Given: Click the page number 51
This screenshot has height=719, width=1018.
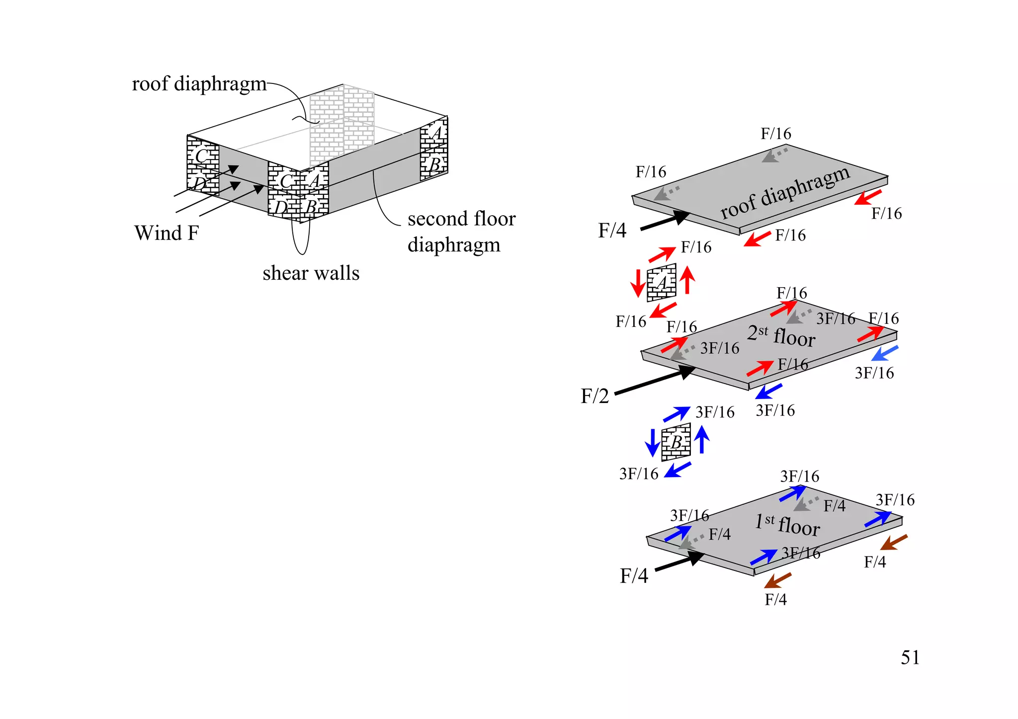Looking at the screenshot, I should coord(910,657).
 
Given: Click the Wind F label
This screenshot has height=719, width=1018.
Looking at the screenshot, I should coord(167,233).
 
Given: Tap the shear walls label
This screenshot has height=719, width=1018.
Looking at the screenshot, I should coord(311,273).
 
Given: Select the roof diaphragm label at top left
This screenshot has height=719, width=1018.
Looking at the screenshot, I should coord(199,83).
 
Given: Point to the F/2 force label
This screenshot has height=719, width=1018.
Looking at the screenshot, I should coord(594,396).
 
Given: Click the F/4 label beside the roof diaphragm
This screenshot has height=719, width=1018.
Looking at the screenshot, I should coord(612,231).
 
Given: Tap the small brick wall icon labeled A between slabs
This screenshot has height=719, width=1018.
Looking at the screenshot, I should coord(662,283).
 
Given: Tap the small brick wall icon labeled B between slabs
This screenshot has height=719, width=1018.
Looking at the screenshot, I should coord(676,442).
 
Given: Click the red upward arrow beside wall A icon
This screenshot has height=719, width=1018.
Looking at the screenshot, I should coord(687,280).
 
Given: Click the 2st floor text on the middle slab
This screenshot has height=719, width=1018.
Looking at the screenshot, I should coord(781,335).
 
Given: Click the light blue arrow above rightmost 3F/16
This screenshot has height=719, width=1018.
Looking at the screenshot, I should coord(885,353).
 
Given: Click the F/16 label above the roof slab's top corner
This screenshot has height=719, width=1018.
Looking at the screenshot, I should coord(775,134).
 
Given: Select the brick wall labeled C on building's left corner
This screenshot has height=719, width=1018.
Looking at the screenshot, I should coord(202,157).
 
